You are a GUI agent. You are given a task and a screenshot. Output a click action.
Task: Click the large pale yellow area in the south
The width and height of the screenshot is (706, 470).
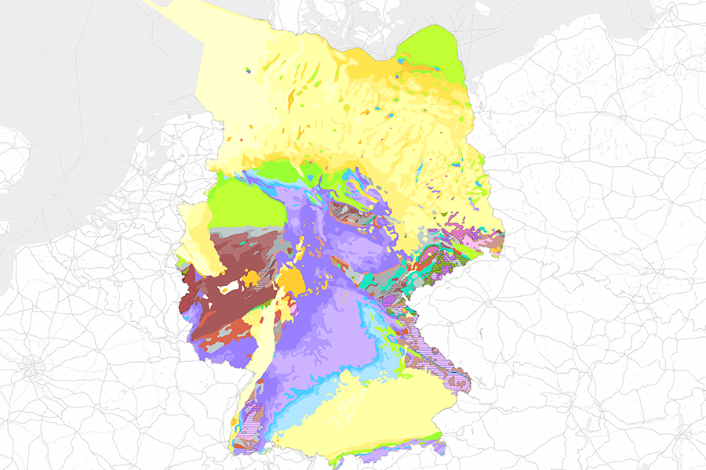(x=369, y=415)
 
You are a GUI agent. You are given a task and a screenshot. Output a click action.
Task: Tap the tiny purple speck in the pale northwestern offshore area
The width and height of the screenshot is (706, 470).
(x=249, y=70)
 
